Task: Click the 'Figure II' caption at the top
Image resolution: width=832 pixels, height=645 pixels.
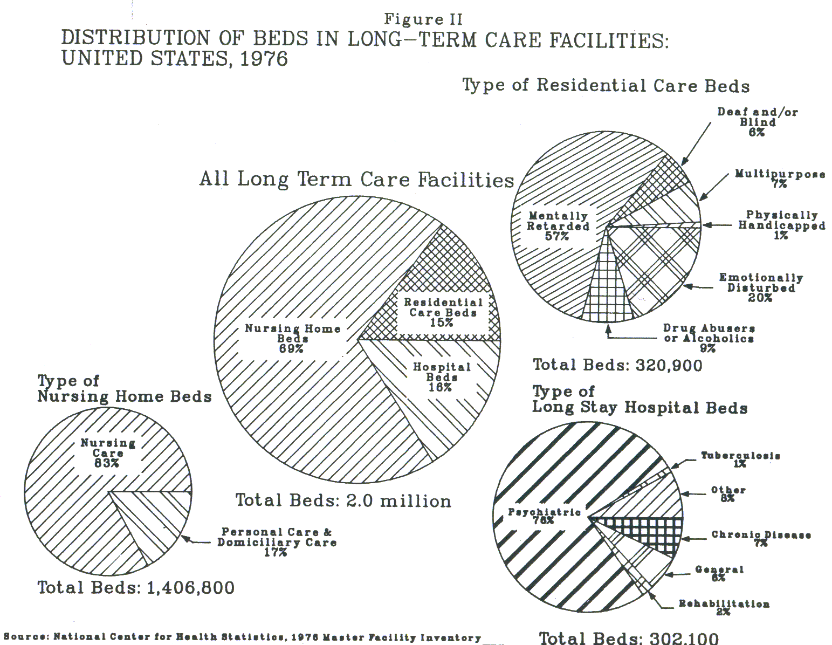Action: (x=423, y=19)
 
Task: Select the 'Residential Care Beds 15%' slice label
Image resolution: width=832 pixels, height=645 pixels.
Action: (x=443, y=313)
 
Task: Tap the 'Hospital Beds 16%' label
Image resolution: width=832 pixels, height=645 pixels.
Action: (x=442, y=377)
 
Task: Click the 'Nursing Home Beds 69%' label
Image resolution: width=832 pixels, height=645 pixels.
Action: (x=292, y=339)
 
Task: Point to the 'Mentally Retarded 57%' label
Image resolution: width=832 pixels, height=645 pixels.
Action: (x=558, y=226)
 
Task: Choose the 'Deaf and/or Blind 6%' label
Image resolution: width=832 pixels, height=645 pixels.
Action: (x=758, y=122)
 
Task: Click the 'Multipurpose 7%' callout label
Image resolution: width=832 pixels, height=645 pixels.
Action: (x=780, y=179)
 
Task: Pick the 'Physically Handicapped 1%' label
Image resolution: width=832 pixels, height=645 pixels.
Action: (x=781, y=225)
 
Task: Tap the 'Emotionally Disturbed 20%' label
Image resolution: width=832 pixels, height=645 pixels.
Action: (x=761, y=287)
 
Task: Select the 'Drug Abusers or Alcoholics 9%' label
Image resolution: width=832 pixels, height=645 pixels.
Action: (x=709, y=338)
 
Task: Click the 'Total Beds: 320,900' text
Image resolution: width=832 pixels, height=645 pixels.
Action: (x=617, y=366)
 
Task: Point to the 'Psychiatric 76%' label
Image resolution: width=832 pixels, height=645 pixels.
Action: (x=545, y=516)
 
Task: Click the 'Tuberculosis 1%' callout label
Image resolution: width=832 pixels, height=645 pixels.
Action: (x=740, y=459)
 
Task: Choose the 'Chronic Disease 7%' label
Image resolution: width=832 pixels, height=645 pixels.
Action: (x=761, y=539)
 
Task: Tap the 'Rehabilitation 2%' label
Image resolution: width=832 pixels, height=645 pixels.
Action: (x=724, y=607)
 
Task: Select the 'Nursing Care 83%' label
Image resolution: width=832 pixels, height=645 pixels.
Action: (x=108, y=453)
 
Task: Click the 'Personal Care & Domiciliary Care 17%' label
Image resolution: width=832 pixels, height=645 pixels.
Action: (x=277, y=542)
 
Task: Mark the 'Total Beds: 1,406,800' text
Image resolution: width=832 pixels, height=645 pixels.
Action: (x=136, y=587)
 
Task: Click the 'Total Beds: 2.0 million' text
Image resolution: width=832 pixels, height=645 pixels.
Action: (x=343, y=500)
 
